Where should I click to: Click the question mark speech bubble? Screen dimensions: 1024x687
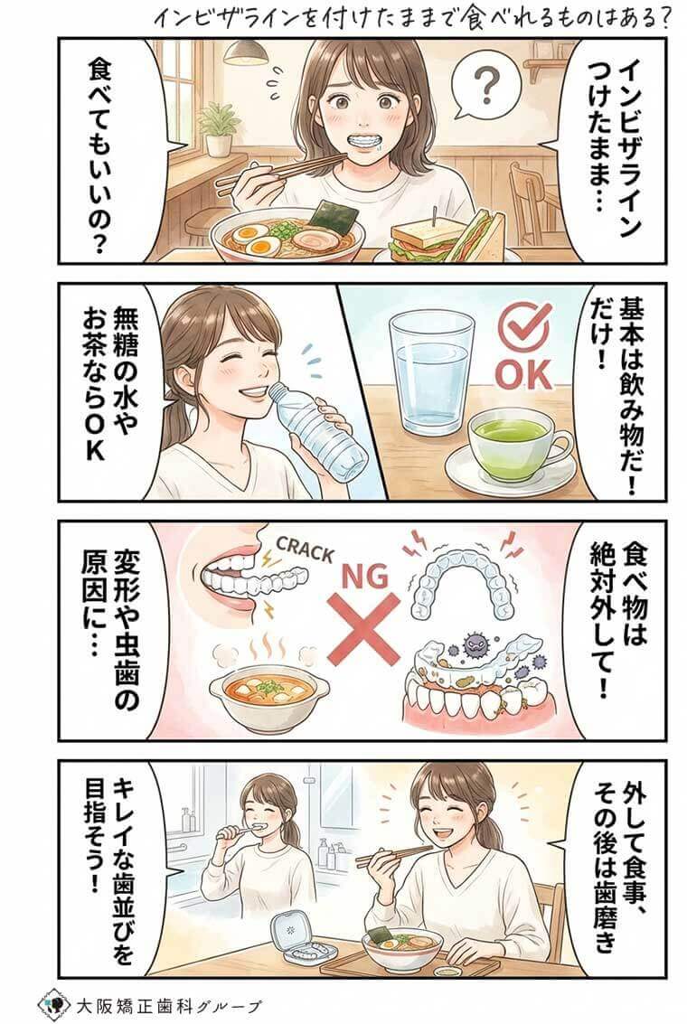click(x=487, y=89)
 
